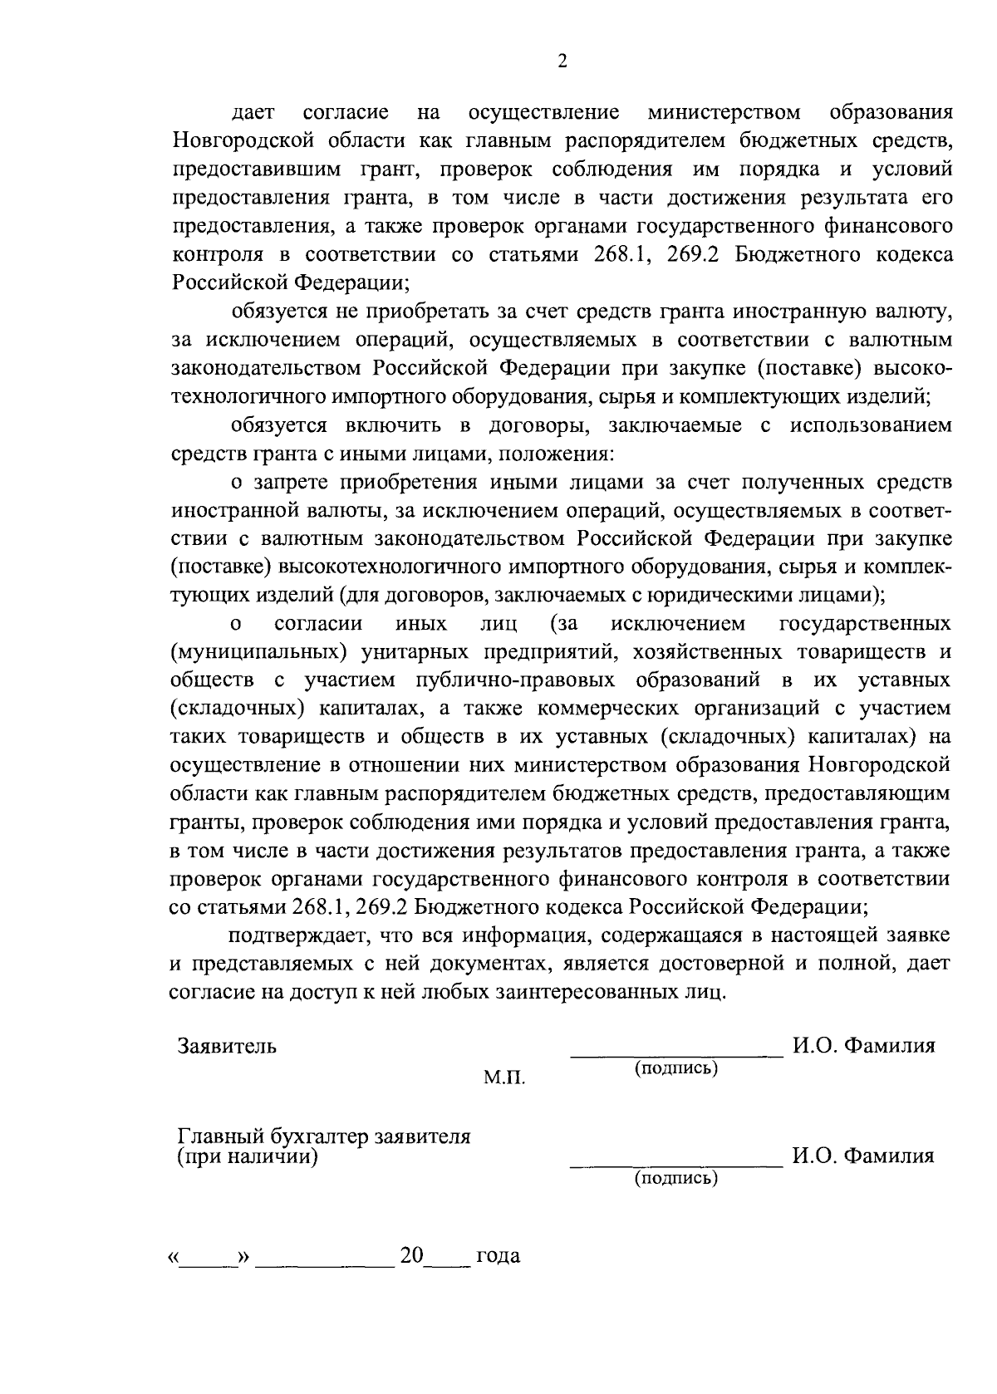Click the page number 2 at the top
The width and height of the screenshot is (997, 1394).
[562, 63]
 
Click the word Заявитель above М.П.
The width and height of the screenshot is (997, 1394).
[227, 1046]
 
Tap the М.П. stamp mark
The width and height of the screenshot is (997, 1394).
[504, 1078]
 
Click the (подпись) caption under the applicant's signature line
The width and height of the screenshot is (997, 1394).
[676, 1068]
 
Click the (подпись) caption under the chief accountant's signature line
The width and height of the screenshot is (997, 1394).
[676, 1178]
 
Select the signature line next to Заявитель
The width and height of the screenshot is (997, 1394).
[676, 1056]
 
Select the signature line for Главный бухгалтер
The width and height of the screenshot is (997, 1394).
[676, 1166]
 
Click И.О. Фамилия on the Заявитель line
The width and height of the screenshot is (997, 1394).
[863, 1046]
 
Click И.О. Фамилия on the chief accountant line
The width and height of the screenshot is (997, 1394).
[863, 1156]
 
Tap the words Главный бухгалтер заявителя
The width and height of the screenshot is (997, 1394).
[325, 1136]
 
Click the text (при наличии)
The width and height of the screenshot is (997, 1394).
[248, 1156]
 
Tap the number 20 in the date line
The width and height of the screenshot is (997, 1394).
[411, 1254]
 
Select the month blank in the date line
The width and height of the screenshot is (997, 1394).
[325, 1261]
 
